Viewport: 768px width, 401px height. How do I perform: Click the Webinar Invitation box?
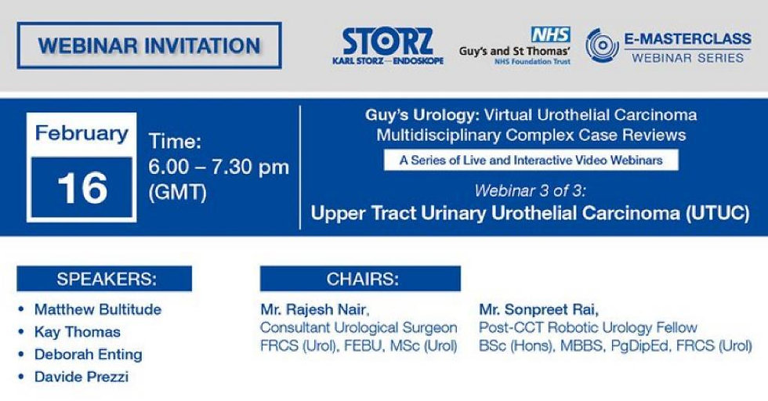point(149,45)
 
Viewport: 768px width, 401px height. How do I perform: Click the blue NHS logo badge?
point(551,34)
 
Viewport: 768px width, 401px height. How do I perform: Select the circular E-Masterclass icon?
point(602,45)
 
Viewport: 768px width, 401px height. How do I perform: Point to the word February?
point(82,133)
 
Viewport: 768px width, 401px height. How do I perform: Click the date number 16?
point(82,188)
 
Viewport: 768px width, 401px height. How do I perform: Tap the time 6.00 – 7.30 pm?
point(219,167)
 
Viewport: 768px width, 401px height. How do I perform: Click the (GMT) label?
point(177,192)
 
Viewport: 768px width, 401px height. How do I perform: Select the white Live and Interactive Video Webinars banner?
point(531,160)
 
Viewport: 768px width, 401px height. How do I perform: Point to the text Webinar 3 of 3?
point(530,190)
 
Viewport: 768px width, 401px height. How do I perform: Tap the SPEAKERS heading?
point(104,279)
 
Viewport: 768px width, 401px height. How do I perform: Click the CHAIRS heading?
point(360,279)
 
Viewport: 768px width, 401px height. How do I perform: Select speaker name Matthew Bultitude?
point(98,309)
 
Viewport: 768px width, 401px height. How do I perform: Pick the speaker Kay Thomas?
point(78,332)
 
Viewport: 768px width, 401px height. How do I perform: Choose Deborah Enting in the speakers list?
point(88,355)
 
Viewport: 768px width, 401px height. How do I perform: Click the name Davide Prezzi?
point(82,377)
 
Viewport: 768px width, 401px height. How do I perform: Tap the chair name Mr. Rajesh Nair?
point(314,309)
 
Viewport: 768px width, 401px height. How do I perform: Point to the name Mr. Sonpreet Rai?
point(539,309)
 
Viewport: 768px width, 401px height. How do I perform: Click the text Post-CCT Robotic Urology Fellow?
point(588,327)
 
